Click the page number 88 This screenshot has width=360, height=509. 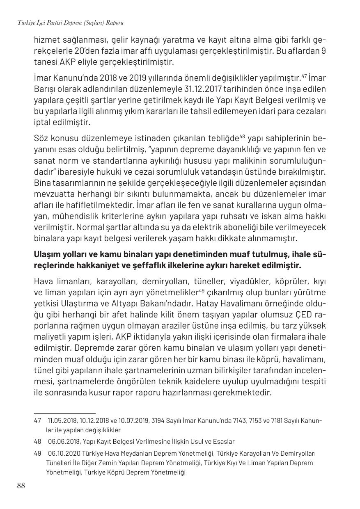pyautogui.click(x=21, y=486)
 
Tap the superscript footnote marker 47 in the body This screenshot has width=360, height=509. pyautogui.click(x=305, y=75)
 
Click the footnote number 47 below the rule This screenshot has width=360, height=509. pyautogui.click(x=37, y=421)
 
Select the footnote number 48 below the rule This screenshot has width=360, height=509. pyautogui.click(x=37, y=442)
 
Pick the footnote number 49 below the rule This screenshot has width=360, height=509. pyautogui.click(x=37, y=454)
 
